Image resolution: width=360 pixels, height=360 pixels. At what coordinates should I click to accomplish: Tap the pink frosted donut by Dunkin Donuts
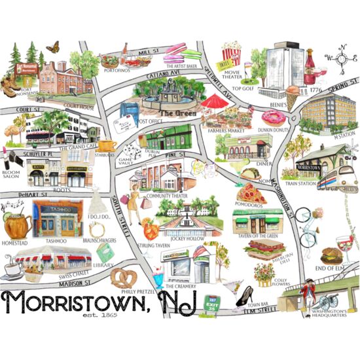(273, 118)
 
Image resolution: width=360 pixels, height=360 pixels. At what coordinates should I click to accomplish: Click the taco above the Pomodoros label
(250, 173)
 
